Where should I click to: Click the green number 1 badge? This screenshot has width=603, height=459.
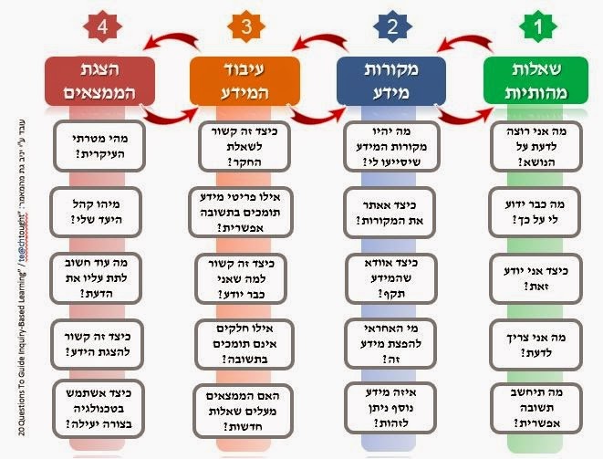[537, 27]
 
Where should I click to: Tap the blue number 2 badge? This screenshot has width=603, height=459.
[392, 27]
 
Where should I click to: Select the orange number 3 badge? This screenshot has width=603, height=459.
[246, 27]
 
